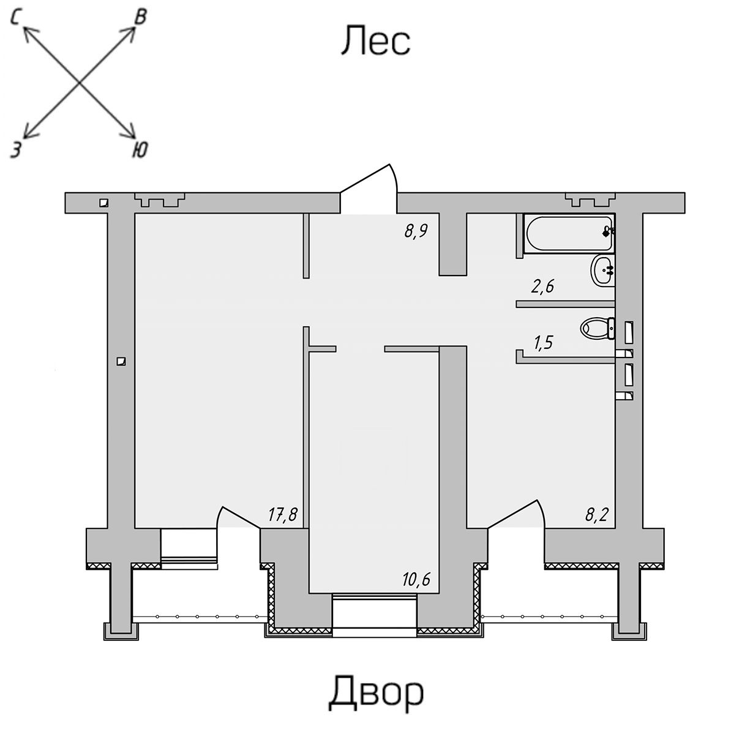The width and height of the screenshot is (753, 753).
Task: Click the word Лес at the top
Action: click(375, 40)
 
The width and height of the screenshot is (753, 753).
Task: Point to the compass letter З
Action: click(16, 149)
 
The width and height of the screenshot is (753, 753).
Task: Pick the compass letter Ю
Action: click(140, 149)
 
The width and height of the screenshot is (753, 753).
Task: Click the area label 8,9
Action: click(416, 231)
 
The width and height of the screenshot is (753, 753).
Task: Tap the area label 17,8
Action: click(283, 515)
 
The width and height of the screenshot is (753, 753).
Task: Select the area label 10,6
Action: click(416, 579)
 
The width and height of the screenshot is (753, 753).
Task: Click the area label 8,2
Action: click(597, 515)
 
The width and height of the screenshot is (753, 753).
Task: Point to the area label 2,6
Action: click(543, 287)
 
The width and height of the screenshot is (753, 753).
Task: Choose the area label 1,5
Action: click(543, 342)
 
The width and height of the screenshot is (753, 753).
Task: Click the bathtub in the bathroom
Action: click(569, 233)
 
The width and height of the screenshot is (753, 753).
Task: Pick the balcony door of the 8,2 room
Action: click(517, 514)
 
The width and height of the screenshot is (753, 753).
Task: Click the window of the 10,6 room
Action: click(375, 616)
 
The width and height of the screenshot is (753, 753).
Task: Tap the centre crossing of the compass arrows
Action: click(80, 83)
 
